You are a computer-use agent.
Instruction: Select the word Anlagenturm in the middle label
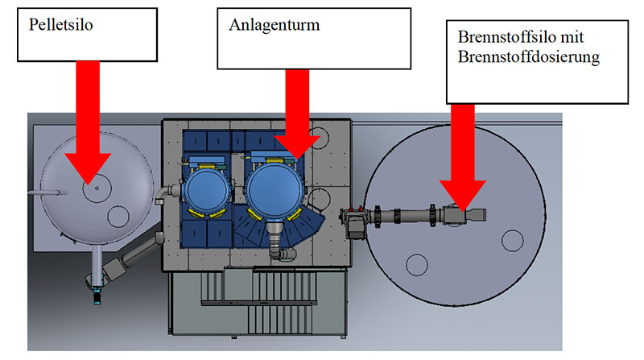(x=274, y=25)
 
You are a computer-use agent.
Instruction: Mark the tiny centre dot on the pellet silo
(x=96, y=188)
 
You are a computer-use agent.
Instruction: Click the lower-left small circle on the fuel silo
(x=416, y=263)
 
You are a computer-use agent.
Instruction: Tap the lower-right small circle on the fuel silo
(x=513, y=240)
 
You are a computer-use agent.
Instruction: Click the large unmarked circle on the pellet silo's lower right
(x=118, y=216)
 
